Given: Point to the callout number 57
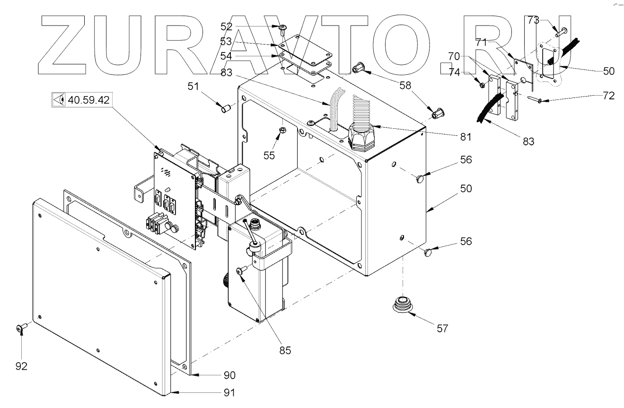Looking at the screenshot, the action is pos(442,328).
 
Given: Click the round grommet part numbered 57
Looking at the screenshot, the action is pos(402,303).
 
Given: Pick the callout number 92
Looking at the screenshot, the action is pos(21,366).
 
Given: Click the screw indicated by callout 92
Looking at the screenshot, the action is pos(21,327).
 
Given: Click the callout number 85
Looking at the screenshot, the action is pos(285,351).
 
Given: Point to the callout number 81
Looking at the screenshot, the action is pos(465,137).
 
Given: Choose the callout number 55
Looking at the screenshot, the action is pos(269,156).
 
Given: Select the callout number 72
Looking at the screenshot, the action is pos(609,96).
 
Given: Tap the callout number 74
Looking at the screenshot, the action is pos(454,72).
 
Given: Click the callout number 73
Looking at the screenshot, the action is pos(533,20).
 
